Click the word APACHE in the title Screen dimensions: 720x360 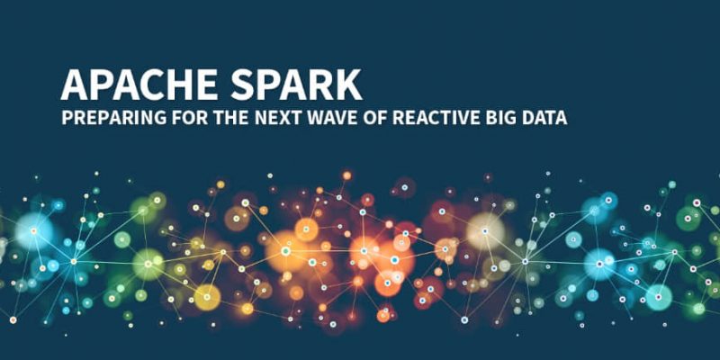pyautogui.click(x=139, y=85)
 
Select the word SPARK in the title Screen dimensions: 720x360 pyautogui.click(x=296, y=85)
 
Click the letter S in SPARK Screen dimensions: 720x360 pyautogui.click(x=242, y=85)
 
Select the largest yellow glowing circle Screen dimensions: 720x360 pyautogui.click(x=207, y=297)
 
